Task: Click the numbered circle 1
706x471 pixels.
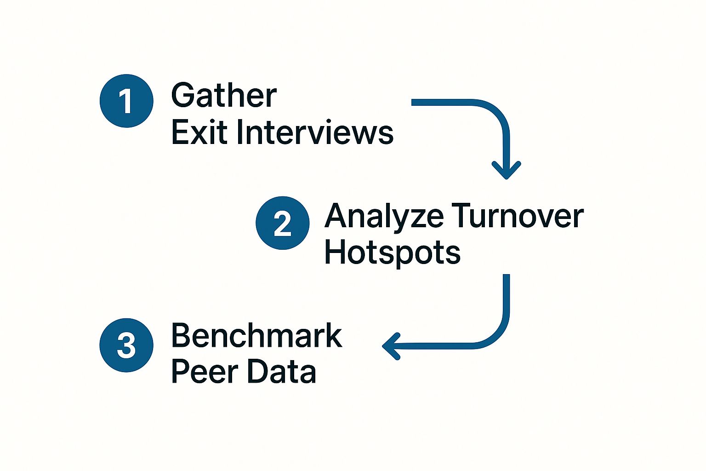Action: click(x=126, y=101)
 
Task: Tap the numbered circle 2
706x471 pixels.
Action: click(x=282, y=223)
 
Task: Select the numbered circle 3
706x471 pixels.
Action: click(x=126, y=345)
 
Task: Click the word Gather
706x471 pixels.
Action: click(x=224, y=96)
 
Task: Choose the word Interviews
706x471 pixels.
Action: click(x=315, y=132)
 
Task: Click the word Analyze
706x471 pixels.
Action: click(x=384, y=217)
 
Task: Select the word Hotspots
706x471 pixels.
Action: click(x=392, y=253)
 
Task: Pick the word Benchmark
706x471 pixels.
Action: click(x=256, y=336)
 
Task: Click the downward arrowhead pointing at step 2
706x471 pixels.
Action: click(x=506, y=170)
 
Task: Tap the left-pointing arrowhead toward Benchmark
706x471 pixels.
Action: click(x=391, y=346)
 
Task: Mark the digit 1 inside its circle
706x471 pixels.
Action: click(x=125, y=101)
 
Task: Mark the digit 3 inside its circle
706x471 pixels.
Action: click(x=126, y=345)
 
